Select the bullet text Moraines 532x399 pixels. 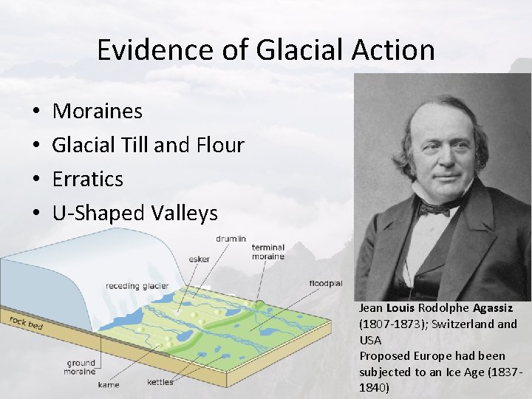[x=98, y=112]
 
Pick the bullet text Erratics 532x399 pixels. [x=88, y=180]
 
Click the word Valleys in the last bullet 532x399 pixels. [x=184, y=214]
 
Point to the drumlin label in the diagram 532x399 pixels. [x=231, y=239]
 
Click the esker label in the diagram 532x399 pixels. [x=199, y=259]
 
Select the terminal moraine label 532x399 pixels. [x=268, y=252]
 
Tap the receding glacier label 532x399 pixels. [x=137, y=286]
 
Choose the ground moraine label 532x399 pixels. [x=81, y=367]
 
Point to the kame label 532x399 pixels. [x=109, y=384]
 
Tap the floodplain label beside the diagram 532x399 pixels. [x=326, y=283]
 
